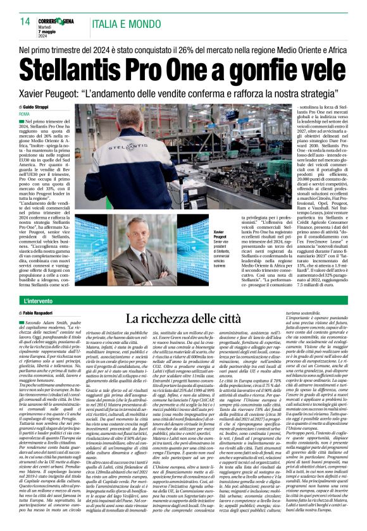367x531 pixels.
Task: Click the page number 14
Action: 25,21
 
